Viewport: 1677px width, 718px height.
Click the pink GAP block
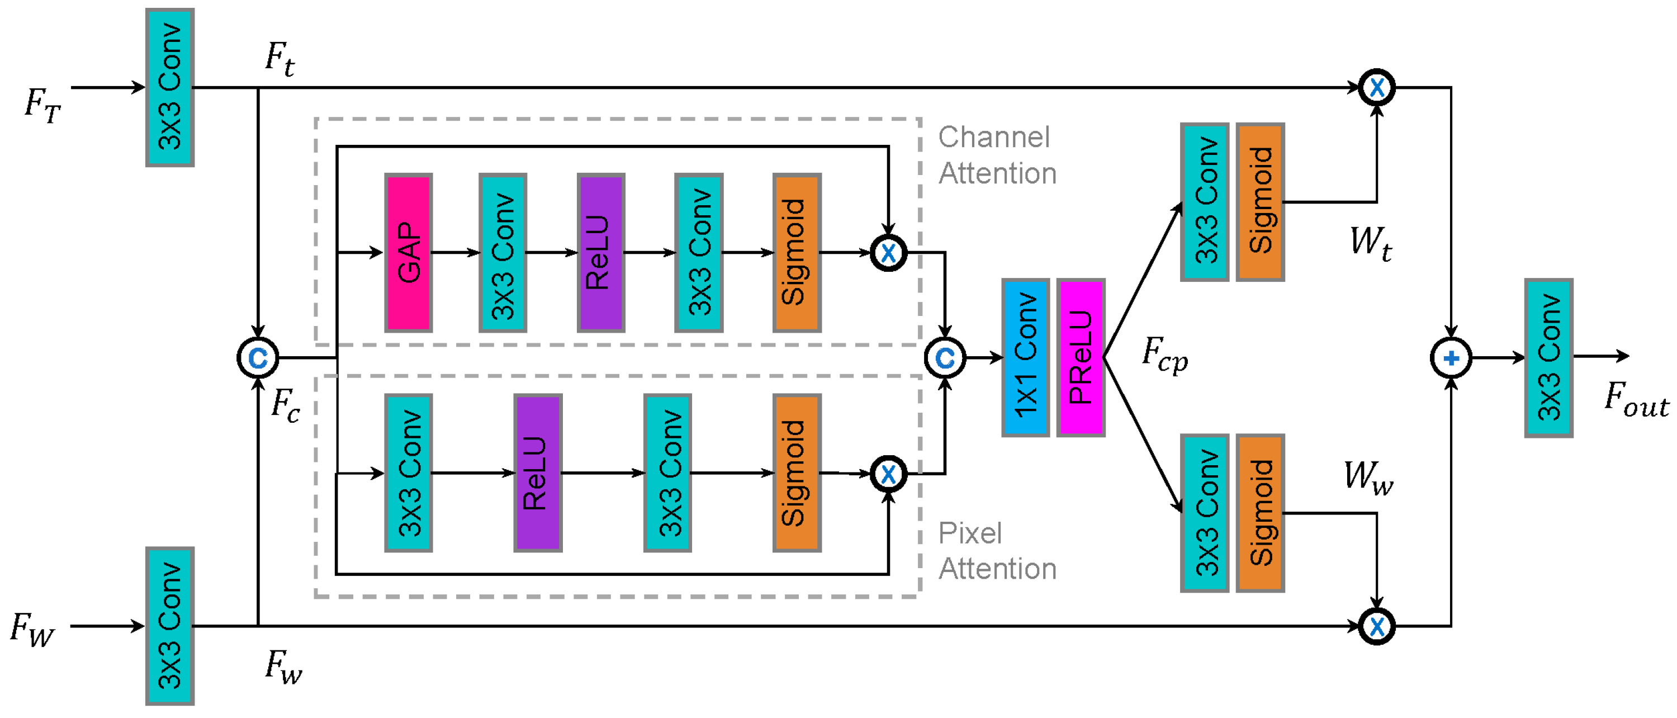click(408, 253)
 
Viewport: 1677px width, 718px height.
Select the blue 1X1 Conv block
click(1025, 357)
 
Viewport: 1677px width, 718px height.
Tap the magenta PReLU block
click(1081, 357)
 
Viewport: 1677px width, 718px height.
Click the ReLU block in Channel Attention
click(600, 253)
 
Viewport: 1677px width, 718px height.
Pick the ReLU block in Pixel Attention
click(538, 473)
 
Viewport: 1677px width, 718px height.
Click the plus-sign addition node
click(1451, 358)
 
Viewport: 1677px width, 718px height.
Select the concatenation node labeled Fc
click(258, 358)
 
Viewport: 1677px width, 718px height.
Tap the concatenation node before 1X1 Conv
click(945, 358)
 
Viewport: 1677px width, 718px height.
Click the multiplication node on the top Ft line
click(1376, 87)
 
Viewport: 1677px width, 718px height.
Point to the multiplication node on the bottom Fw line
click(1376, 626)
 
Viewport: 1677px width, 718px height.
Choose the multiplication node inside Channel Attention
click(888, 253)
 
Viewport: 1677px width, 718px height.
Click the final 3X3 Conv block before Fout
click(1549, 357)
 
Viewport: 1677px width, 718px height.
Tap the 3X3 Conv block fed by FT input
click(170, 87)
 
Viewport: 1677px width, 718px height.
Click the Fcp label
click(1164, 354)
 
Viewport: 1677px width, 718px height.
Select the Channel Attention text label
click(996, 155)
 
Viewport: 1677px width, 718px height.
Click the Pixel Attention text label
click(996, 551)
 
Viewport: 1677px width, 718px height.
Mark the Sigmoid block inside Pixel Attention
click(796, 473)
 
